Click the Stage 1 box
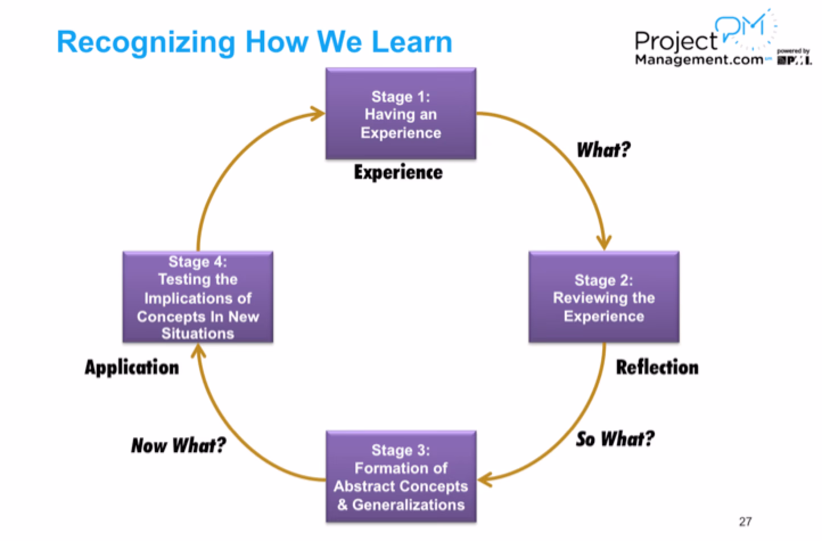click(400, 114)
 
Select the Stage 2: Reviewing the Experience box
click(603, 297)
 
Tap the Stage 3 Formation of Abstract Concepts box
click(400, 477)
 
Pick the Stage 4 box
click(198, 297)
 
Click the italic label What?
click(603, 150)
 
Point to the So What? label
click(615, 439)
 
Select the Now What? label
click(178, 445)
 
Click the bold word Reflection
click(657, 367)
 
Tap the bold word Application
click(131, 367)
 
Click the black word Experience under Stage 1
click(398, 172)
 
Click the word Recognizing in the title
click(146, 42)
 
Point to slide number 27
click(745, 520)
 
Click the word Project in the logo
click(676, 41)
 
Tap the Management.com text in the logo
click(698, 59)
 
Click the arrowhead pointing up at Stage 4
click(198, 351)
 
